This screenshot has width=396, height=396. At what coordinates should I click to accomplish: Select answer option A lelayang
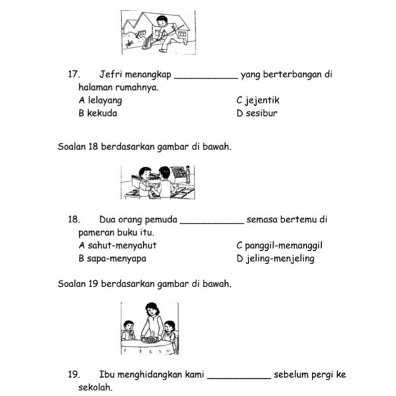(x=100, y=100)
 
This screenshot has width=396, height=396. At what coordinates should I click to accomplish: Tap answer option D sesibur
(x=257, y=113)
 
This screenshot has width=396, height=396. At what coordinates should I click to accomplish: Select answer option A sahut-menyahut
(x=117, y=245)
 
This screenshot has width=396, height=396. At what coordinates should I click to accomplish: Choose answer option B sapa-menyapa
(x=115, y=259)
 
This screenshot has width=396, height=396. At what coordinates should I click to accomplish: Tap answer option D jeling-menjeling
(x=275, y=259)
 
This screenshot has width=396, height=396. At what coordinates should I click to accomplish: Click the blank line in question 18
(x=212, y=222)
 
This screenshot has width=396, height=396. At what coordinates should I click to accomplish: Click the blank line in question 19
(x=239, y=376)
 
